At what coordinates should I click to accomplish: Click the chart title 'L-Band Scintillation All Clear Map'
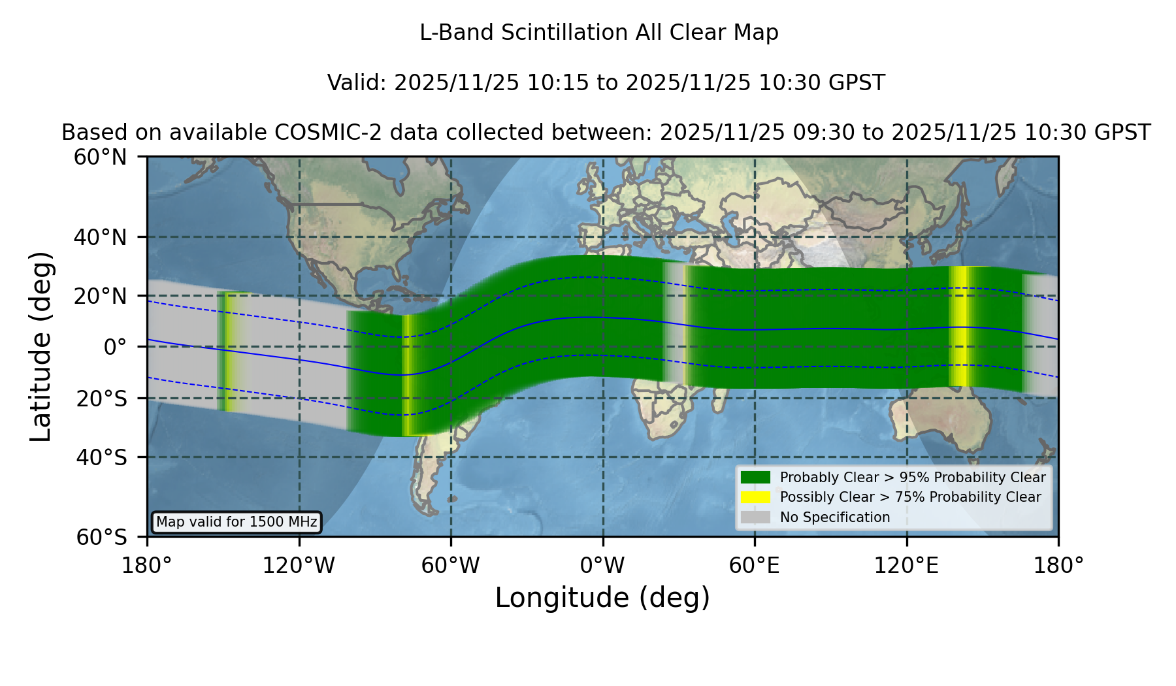(x=598, y=33)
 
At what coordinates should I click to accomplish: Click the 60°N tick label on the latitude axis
(x=101, y=157)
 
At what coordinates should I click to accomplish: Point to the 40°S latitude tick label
(x=101, y=457)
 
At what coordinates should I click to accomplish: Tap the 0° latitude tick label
(x=115, y=347)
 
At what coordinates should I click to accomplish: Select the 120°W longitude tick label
(x=299, y=565)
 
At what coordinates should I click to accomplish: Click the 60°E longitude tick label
(x=755, y=565)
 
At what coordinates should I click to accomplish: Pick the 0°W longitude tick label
(x=603, y=565)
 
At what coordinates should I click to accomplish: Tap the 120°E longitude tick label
(x=907, y=565)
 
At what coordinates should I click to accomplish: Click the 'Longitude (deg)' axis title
(x=602, y=598)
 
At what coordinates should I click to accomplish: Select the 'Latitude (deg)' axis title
(x=41, y=346)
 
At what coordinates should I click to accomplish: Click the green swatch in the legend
(x=756, y=477)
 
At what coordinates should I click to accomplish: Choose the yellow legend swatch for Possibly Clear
(x=756, y=497)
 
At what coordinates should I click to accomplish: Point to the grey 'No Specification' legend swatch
(x=756, y=517)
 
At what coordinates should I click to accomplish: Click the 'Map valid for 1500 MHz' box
(x=237, y=522)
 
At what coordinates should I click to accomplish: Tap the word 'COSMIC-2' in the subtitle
(x=319, y=133)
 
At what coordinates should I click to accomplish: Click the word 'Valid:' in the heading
(x=357, y=83)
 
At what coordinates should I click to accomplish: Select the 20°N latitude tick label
(x=101, y=296)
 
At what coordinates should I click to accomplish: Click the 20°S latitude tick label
(x=101, y=399)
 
